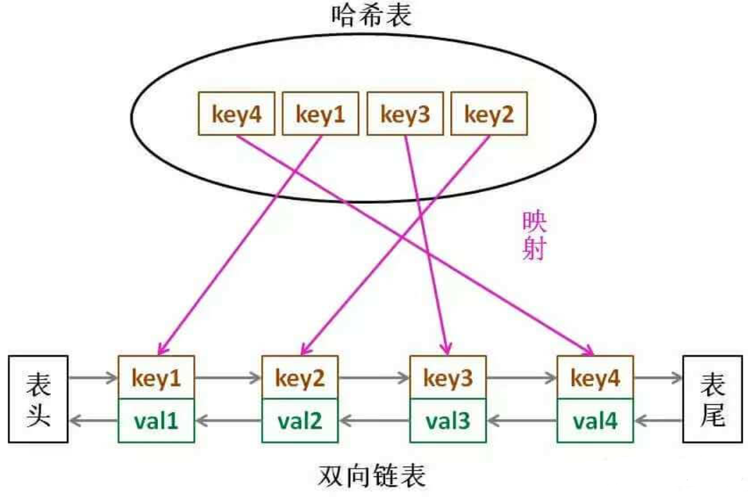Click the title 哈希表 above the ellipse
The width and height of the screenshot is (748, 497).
click(371, 15)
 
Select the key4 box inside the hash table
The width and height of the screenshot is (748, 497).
click(237, 113)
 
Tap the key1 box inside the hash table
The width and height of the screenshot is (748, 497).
click(320, 113)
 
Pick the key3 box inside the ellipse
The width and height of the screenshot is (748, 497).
click(405, 113)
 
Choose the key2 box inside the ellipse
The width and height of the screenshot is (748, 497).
click(489, 113)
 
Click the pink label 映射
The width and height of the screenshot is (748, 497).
click(534, 235)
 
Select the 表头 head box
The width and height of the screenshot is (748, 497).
click(38, 399)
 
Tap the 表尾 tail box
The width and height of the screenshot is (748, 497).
click(713, 399)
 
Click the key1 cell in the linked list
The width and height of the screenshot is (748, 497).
click(157, 377)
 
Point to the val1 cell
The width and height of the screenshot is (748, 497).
click(157, 421)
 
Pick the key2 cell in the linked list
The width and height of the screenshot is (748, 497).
click(300, 377)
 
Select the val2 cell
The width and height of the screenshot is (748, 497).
click(300, 421)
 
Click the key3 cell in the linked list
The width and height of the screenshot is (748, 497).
click(448, 377)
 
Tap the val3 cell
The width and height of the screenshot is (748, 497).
click(448, 421)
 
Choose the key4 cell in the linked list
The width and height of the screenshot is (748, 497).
click(595, 377)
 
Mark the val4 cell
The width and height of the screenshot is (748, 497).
click(595, 421)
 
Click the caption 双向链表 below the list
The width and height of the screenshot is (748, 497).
click(371, 475)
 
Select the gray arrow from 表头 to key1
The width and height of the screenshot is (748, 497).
click(93, 378)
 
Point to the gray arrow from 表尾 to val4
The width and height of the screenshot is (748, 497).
click(658, 421)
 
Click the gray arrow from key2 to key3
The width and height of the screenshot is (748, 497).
click(374, 378)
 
